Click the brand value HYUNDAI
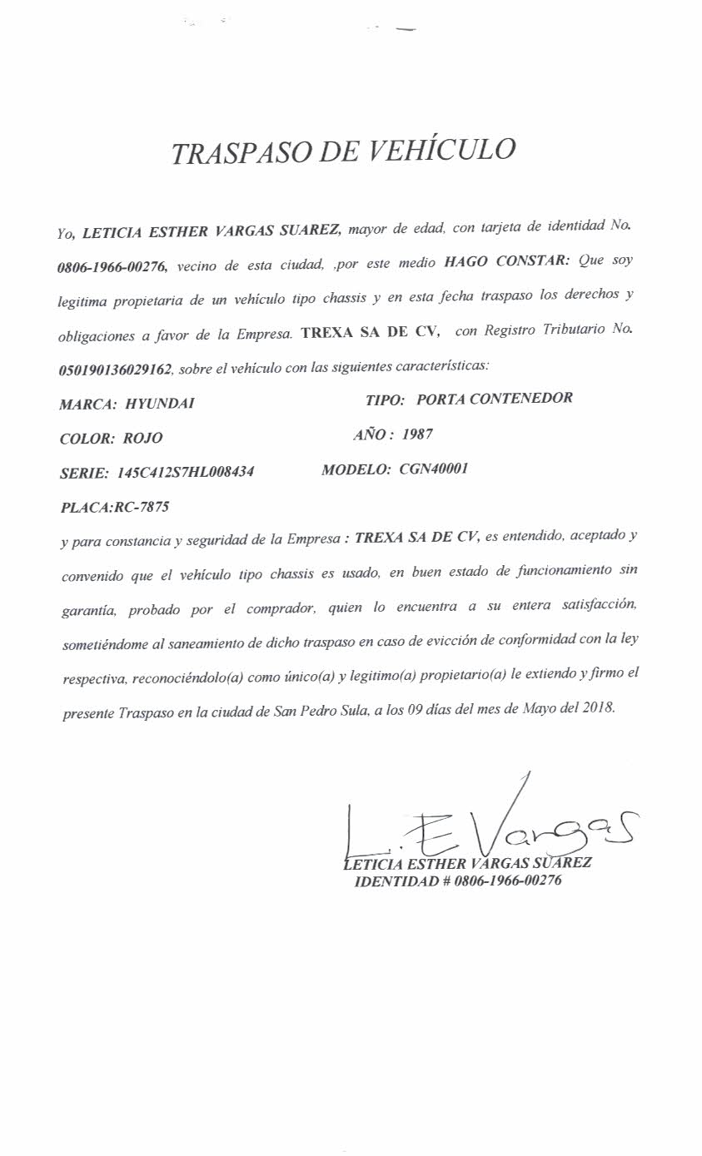(160, 404)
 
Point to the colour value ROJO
(142, 438)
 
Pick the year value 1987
(416, 434)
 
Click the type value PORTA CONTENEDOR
(494, 399)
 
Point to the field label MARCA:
(87, 404)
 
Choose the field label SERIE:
(84, 474)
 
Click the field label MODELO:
(356, 469)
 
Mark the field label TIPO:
(385, 399)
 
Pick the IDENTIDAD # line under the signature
(457, 881)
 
